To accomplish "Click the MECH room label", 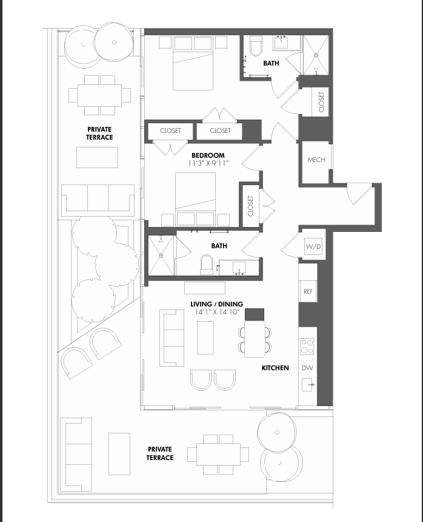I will pos(316,160).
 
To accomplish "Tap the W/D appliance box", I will pos(313,246).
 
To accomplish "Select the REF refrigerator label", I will pos(308,291).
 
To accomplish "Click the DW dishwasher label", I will pos(307,368).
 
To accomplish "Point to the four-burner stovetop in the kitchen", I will pos(307,346).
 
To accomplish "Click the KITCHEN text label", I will pos(275,368).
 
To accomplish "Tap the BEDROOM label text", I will pos(208,155).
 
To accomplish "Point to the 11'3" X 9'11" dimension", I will pos(208,163).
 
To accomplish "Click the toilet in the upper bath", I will pos(256,46).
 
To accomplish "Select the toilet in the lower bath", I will pos(207,265).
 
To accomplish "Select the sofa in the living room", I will pos(172,337).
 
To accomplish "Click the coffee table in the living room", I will pos(205,337).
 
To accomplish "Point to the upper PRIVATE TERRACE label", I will pos(99,134).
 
